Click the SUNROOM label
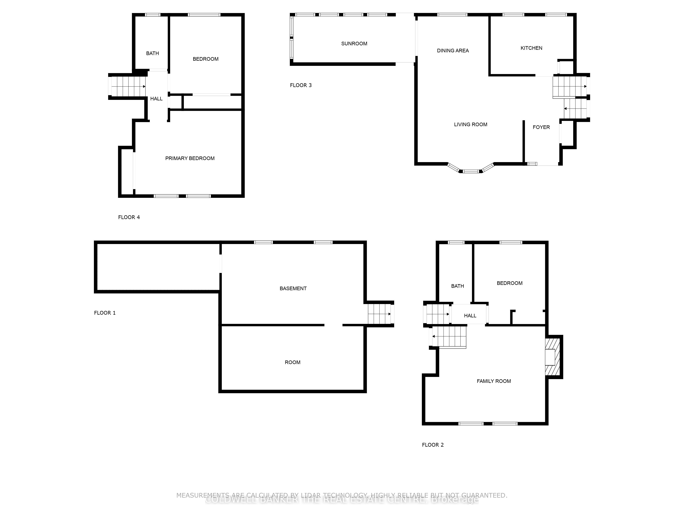coord(354,44)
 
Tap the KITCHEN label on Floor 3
coord(531,48)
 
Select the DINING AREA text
coord(453,50)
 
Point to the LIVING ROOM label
coord(470,124)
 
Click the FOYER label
coord(541,127)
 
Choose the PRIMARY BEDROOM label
coord(189,158)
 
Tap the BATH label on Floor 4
coord(153,53)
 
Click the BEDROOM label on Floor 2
coord(509,283)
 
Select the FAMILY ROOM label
coord(494,381)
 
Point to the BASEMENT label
coord(293,288)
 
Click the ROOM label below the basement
coord(292,362)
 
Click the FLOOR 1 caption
coord(104,313)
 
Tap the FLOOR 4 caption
coord(129,217)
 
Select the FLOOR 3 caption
coord(301,85)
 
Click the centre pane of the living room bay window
coord(471,171)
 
